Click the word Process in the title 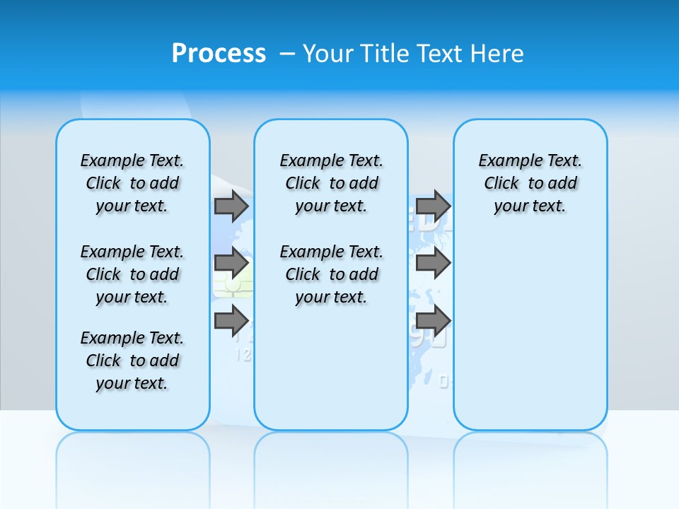(219, 53)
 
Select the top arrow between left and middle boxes (231, 206)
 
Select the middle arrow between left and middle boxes (231, 263)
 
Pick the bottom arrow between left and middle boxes (231, 320)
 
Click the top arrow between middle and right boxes (432, 206)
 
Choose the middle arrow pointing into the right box (432, 263)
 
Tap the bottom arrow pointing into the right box (432, 320)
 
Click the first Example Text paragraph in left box (132, 183)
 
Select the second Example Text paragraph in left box (132, 274)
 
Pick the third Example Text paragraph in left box (132, 361)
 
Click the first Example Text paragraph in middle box (331, 183)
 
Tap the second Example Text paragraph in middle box (331, 274)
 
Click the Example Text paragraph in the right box (530, 183)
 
